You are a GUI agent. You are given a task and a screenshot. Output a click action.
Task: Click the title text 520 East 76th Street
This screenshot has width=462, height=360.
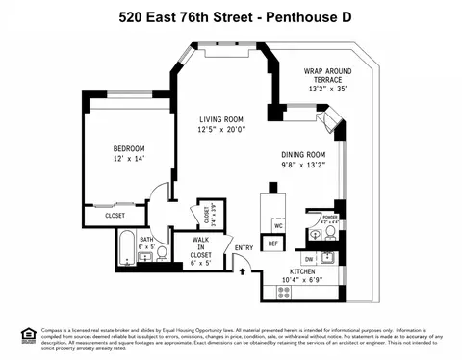pyautogui.click(x=179, y=16)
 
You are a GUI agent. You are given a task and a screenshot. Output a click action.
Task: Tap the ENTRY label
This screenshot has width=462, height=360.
pyautogui.click(x=244, y=248)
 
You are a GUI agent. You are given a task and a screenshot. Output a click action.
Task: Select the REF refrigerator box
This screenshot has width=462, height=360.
pyautogui.click(x=272, y=243)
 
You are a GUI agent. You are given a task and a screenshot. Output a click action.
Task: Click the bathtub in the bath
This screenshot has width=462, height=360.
pyautogui.click(x=126, y=254)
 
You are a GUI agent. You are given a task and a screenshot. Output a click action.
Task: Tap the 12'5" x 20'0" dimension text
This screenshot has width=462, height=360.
pyautogui.click(x=221, y=129)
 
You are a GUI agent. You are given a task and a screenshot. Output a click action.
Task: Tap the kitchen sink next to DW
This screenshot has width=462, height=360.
pyautogui.click(x=328, y=257)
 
